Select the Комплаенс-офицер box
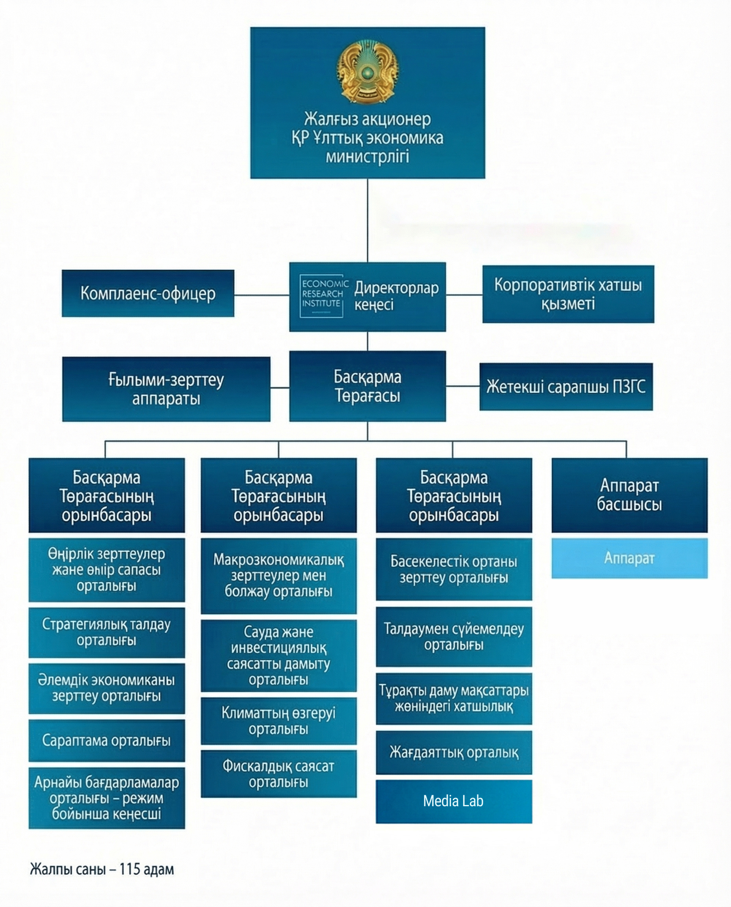point(148,293)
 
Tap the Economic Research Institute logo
point(321,296)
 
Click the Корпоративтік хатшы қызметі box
point(568,294)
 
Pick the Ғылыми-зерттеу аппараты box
point(166,389)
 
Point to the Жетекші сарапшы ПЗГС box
point(566,386)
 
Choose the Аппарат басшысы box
point(629,495)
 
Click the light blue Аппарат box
point(629,558)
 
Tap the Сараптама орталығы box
point(106,740)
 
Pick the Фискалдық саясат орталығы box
point(279,774)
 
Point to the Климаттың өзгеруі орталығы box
point(279,720)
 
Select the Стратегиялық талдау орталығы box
point(106,632)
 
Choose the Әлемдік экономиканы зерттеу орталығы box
point(106,689)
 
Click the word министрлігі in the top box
point(367,157)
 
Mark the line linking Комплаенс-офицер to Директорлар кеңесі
point(262,294)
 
